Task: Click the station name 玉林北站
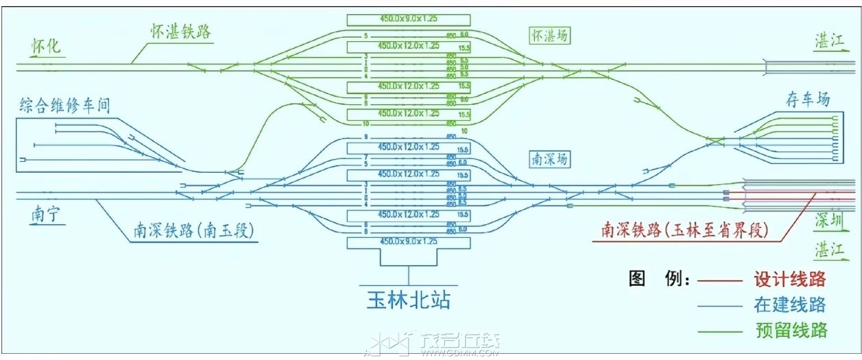click(408, 301)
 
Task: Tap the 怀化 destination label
click(47, 47)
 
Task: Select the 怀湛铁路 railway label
click(181, 32)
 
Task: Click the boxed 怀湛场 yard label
click(549, 36)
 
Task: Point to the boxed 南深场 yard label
click(549, 159)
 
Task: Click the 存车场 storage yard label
click(807, 99)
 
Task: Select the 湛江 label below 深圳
click(828, 250)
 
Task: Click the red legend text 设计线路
click(789, 280)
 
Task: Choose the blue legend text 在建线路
click(789, 304)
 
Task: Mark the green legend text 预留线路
click(789, 330)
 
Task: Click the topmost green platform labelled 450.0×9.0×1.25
click(408, 19)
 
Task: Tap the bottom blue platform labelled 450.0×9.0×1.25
click(408, 243)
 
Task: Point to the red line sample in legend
click(719, 280)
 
